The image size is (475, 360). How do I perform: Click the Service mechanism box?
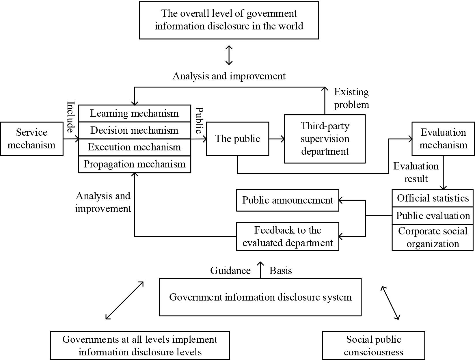(32, 139)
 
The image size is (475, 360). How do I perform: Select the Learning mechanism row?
(135, 113)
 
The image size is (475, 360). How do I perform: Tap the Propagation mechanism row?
(135, 164)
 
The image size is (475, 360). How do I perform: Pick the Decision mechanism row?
(135, 130)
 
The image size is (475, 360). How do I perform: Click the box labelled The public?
(237, 139)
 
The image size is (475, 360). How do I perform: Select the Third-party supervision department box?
(325, 139)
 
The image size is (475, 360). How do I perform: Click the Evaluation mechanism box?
(443, 139)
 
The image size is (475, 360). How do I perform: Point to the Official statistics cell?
(433, 198)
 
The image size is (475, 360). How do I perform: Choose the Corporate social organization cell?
(433, 237)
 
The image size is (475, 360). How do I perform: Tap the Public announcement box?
(287, 200)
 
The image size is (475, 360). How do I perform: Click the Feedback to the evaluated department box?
(287, 236)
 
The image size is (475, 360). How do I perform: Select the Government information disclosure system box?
(260, 297)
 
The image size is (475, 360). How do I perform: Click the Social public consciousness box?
(373, 345)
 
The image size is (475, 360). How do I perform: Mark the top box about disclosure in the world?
(229, 20)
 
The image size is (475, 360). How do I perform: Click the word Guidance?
(230, 271)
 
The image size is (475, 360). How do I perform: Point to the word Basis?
(280, 271)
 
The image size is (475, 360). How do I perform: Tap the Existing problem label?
(351, 98)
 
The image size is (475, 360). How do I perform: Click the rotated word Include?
(71, 117)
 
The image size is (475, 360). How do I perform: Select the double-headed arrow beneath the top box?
(229, 55)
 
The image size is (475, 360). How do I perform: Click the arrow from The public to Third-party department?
(276, 139)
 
